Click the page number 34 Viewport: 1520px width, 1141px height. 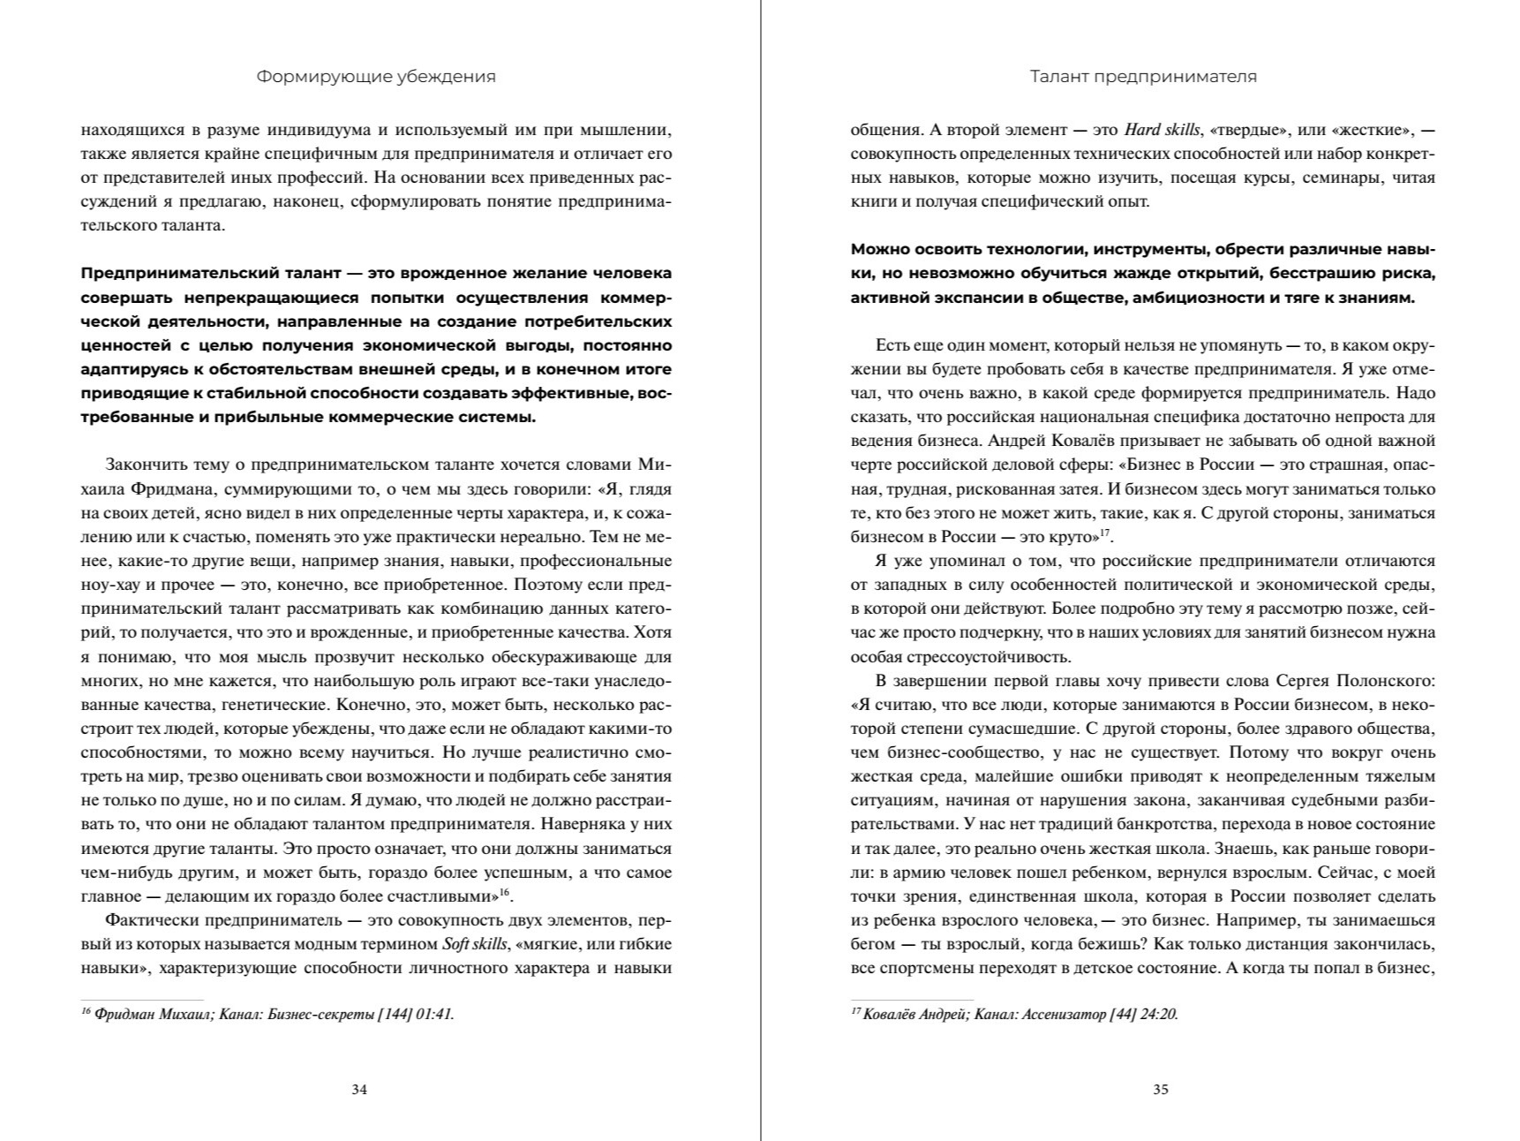359,1089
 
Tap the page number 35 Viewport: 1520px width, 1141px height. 1161,1089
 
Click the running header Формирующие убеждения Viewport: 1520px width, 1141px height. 376,77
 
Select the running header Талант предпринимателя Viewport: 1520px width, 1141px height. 1143,77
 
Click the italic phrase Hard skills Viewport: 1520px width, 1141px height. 1162,130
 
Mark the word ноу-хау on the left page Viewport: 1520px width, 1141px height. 109,585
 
